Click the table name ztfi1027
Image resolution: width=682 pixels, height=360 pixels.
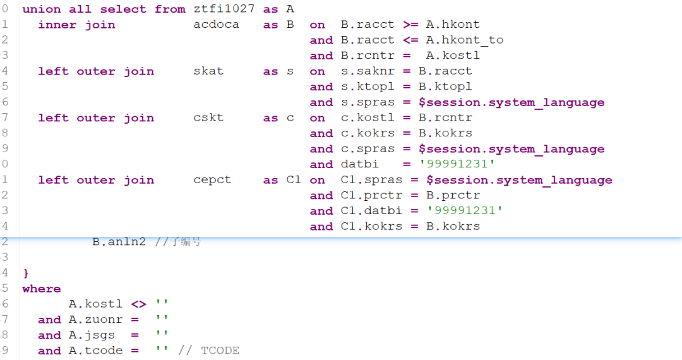224,9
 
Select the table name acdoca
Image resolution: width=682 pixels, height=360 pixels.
216,25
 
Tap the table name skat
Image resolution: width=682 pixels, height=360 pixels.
208,71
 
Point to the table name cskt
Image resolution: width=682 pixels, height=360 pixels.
208,117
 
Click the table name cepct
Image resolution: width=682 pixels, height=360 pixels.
212,180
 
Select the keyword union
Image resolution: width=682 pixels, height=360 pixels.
41,9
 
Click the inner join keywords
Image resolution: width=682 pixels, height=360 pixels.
76,25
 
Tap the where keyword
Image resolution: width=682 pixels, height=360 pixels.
41,289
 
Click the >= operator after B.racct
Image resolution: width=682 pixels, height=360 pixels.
410,25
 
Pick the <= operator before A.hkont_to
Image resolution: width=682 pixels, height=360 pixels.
410,40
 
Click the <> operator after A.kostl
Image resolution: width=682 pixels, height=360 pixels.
138,304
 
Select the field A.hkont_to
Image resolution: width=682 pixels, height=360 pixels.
465,40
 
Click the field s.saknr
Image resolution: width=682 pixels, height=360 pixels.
368,71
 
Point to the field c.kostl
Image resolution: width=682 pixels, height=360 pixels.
368,117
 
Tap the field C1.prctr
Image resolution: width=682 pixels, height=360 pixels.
371,195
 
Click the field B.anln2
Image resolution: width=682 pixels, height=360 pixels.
119,242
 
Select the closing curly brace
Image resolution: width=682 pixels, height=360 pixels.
26,273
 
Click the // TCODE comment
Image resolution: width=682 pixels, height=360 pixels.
208,351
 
